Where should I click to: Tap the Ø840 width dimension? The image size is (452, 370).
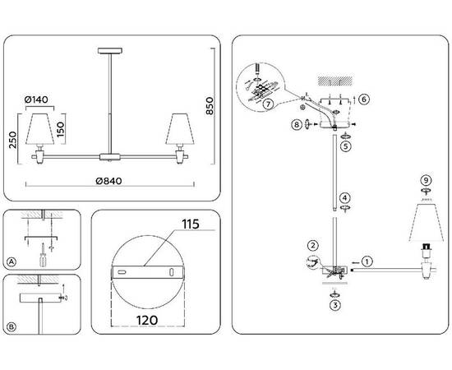pos(108,181)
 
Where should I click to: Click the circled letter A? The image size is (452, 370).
pos(12,262)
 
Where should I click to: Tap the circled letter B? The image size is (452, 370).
pos(12,327)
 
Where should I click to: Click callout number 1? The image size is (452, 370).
pos(367,262)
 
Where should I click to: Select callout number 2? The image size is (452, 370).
pos(313,245)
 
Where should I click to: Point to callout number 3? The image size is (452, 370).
pos(334,304)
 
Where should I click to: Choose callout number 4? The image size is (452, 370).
pos(346,197)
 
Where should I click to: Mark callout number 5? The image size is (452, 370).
pos(346,146)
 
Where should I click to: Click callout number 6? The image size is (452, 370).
pos(364,99)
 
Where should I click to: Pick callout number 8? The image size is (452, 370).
pos(296,125)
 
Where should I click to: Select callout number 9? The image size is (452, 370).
pos(424,179)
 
